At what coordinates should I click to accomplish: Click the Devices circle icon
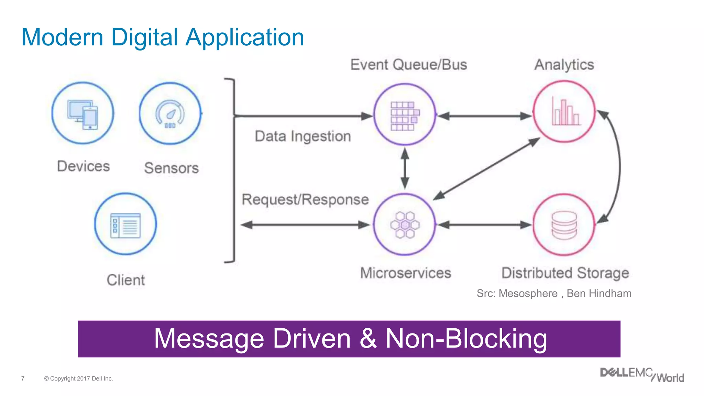(x=83, y=113)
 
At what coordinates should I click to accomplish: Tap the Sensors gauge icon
(x=170, y=113)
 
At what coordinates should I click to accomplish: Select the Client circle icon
(x=125, y=224)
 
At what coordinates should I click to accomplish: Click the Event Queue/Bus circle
(x=405, y=114)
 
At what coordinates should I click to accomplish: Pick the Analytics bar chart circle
(x=564, y=112)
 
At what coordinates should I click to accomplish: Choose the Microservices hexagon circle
(x=405, y=224)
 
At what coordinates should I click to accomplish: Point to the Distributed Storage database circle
(x=564, y=224)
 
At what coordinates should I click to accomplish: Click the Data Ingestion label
(x=302, y=136)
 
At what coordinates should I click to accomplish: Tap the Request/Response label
(x=305, y=200)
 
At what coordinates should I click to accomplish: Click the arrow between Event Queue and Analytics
(x=485, y=116)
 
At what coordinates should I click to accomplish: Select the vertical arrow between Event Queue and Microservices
(x=405, y=168)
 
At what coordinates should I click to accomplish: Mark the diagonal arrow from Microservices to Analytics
(x=486, y=169)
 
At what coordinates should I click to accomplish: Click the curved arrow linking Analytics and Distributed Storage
(x=619, y=168)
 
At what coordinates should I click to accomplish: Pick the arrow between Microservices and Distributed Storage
(x=485, y=225)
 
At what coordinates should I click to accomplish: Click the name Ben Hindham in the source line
(x=599, y=294)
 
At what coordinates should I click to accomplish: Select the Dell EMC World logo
(x=642, y=375)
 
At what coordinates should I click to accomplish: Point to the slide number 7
(x=23, y=378)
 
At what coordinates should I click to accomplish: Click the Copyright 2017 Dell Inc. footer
(x=78, y=378)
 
